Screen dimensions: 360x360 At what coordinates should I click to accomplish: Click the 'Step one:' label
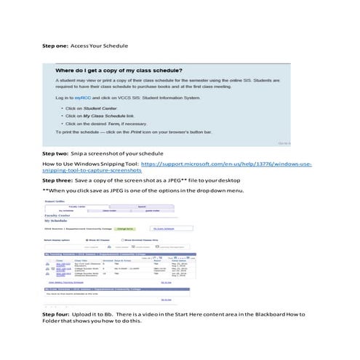tap(56, 46)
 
